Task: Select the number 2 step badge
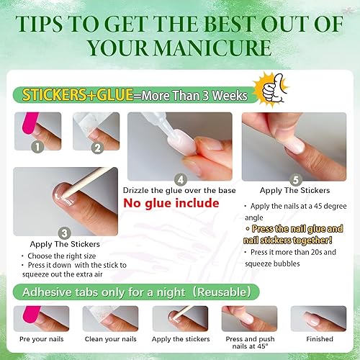pyautogui.click(x=96, y=148)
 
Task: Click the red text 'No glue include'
pyautogui.click(x=171, y=203)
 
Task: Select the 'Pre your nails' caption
pyautogui.click(x=41, y=338)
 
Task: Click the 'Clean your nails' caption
pyautogui.click(x=110, y=338)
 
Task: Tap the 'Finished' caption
pyautogui.click(x=319, y=338)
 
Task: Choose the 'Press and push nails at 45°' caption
pyautogui.click(x=249, y=343)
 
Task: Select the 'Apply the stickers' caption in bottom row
pyautogui.click(x=180, y=338)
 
